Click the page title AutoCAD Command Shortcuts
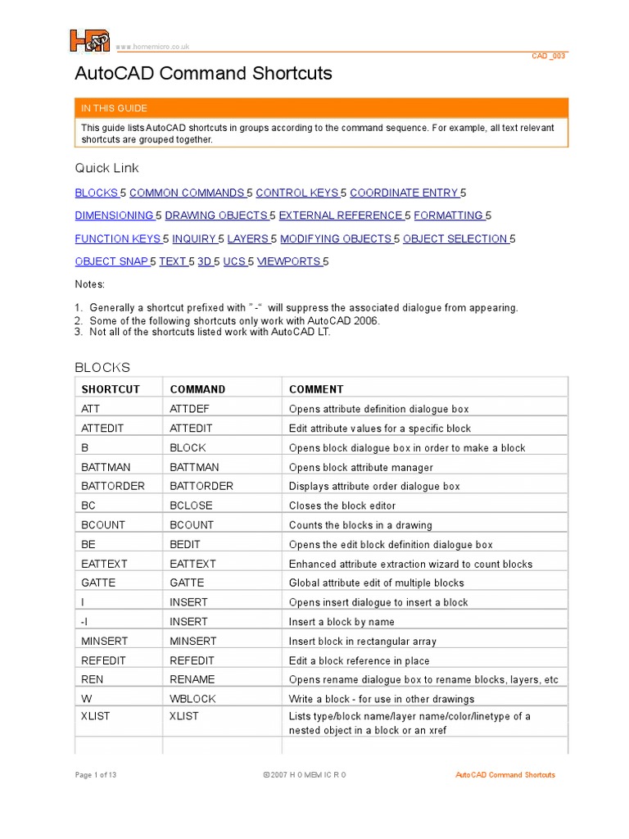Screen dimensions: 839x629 tap(203, 74)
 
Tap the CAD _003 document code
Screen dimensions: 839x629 tap(548, 56)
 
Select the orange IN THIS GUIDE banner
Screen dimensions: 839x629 tap(322, 108)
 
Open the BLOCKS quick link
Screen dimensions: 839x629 tap(97, 193)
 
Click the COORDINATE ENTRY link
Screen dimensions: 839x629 tap(404, 193)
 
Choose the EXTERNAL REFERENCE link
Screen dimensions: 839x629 tap(341, 215)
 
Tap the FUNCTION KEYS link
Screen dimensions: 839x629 tap(118, 238)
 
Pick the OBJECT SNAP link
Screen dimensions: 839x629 tap(111, 261)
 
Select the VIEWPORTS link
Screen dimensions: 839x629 tap(289, 261)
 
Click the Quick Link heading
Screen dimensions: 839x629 tap(107, 168)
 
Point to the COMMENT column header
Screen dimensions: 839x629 tap(316, 389)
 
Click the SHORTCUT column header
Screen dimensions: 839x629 tap(111, 389)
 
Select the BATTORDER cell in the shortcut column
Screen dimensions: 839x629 tap(113, 486)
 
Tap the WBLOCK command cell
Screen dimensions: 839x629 tap(192, 699)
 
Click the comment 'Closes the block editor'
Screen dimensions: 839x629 tap(342, 506)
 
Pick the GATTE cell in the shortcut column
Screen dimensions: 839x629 tap(98, 583)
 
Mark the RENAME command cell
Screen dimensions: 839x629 tap(192, 679)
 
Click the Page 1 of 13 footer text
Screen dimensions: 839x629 tap(96, 775)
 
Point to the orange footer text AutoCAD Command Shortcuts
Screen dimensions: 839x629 tap(505, 775)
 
